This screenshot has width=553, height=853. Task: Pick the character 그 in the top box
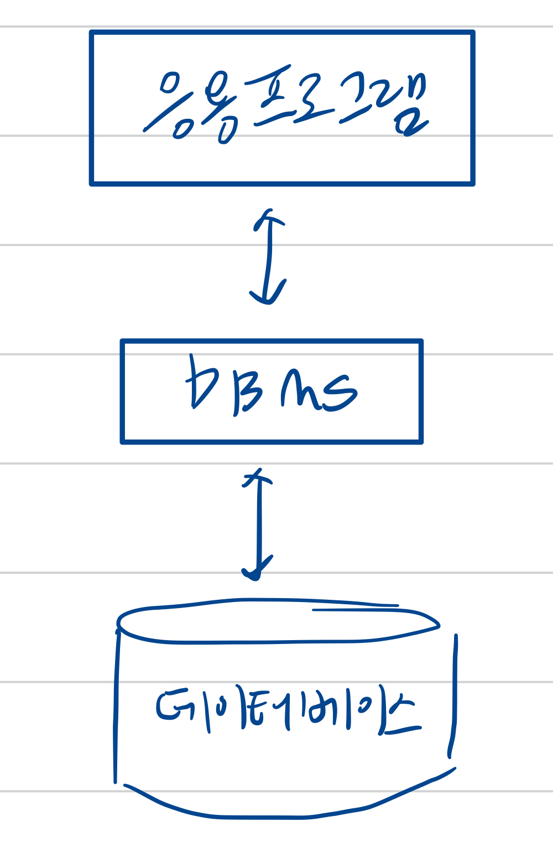coord(359,100)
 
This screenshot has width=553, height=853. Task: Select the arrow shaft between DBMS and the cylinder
coord(258,525)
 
